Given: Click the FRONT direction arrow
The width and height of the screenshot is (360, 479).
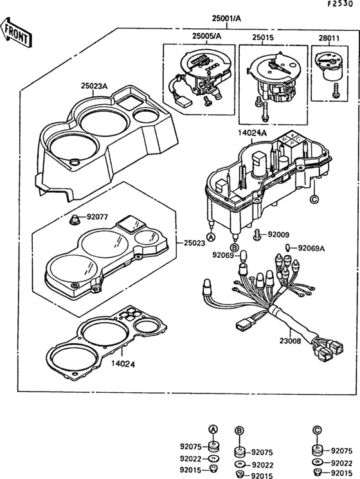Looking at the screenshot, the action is (x=16, y=33).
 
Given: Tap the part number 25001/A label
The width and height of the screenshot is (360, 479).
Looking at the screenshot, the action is (x=226, y=19).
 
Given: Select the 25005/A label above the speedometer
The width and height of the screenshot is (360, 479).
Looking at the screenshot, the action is (x=207, y=36).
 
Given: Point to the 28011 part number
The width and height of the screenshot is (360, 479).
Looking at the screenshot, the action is (x=329, y=39).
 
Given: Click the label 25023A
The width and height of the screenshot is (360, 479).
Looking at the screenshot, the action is (x=94, y=86).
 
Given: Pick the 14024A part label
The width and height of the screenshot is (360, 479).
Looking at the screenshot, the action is (x=252, y=133).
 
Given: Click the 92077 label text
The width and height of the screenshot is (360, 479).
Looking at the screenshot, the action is (x=97, y=217).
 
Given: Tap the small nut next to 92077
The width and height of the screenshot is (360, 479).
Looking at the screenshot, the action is (x=74, y=220).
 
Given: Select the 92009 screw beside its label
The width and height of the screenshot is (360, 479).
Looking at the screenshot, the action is (x=257, y=235).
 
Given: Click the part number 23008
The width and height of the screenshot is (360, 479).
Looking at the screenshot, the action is (x=290, y=341).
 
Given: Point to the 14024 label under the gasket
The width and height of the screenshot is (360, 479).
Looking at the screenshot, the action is (x=123, y=364).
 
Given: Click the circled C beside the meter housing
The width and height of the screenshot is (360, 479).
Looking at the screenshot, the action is (x=314, y=199).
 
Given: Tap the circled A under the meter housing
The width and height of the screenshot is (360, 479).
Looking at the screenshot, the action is (x=211, y=237).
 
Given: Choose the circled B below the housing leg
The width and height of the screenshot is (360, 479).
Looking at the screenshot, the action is (x=234, y=247).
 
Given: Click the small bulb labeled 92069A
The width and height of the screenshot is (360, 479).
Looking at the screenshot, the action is (x=287, y=247).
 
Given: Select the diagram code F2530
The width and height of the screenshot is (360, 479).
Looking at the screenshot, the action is (x=340, y=4).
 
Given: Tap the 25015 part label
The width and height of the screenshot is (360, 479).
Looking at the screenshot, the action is (x=263, y=38).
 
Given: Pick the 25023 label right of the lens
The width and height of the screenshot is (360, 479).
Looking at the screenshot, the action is (x=195, y=244).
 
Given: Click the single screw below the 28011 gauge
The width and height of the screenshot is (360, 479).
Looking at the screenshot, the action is (x=336, y=91).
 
